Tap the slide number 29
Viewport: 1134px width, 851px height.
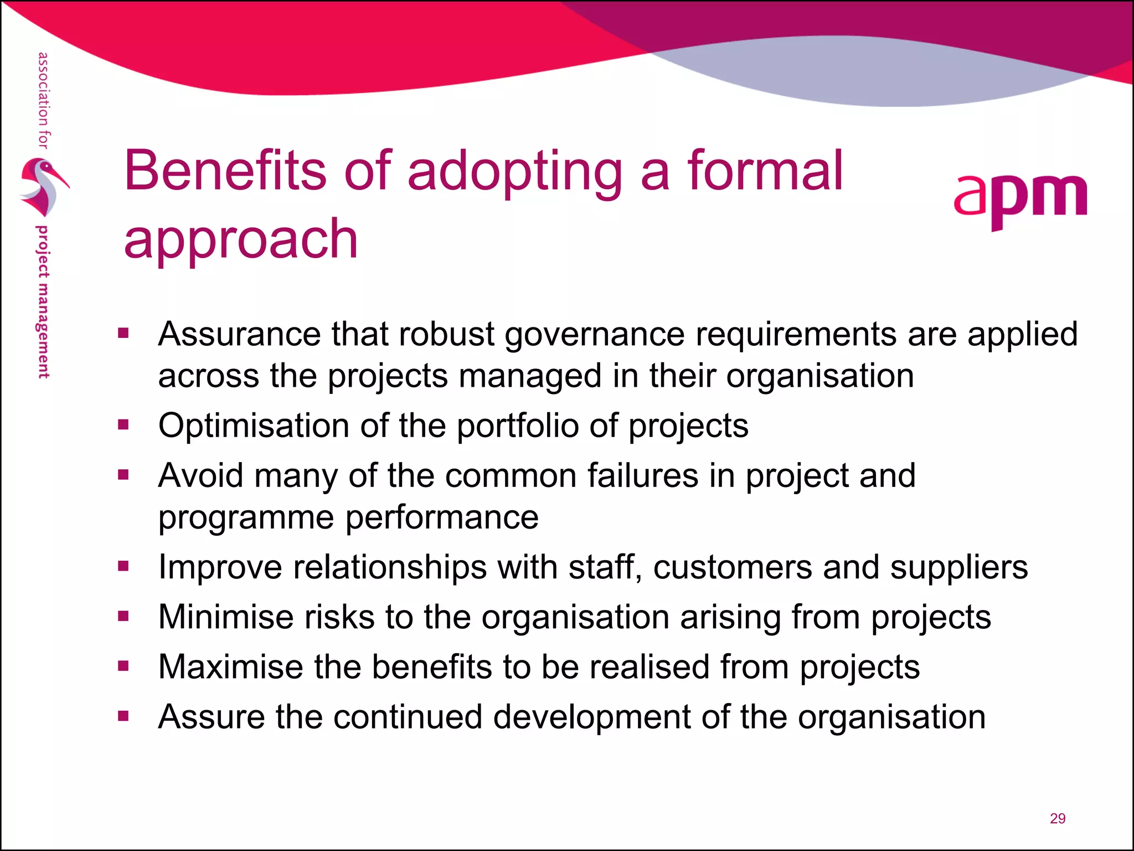(1057, 818)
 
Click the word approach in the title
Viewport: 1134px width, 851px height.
(241, 239)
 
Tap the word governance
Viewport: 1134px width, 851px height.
(595, 334)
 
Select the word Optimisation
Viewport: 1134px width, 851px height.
(254, 425)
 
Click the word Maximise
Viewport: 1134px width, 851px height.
(230, 667)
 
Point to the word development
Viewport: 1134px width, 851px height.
(591, 716)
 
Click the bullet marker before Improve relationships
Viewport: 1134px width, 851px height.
(123, 566)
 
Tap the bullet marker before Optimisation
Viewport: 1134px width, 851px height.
(123, 425)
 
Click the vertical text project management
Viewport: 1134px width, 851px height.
(43, 302)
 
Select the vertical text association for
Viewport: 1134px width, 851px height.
(43, 100)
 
